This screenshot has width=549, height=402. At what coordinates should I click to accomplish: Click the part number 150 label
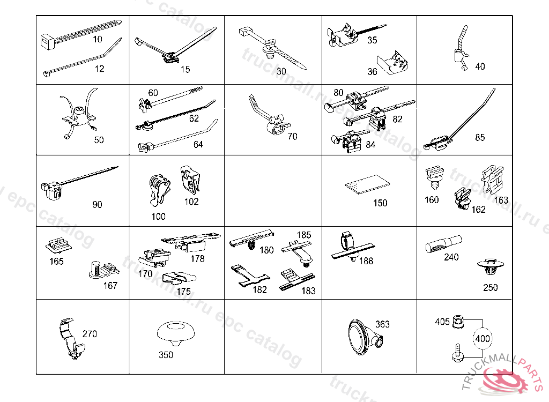click(x=380, y=203)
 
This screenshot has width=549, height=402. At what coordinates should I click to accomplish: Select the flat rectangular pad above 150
click(x=367, y=184)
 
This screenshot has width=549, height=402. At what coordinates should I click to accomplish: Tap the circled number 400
click(x=482, y=339)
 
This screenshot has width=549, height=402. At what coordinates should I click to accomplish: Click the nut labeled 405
click(x=458, y=321)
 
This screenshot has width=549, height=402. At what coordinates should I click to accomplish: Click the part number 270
click(x=90, y=334)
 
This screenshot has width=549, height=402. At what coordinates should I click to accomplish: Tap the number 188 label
click(x=366, y=261)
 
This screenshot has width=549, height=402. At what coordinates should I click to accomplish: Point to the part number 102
click(x=191, y=202)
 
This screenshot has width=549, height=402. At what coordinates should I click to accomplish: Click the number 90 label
click(x=97, y=205)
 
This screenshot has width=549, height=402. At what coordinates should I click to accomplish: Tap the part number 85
click(x=480, y=138)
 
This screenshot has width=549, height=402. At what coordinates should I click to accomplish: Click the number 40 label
click(x=480, y=66)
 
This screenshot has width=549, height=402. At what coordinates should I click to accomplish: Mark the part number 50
click(x=99, y=140)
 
